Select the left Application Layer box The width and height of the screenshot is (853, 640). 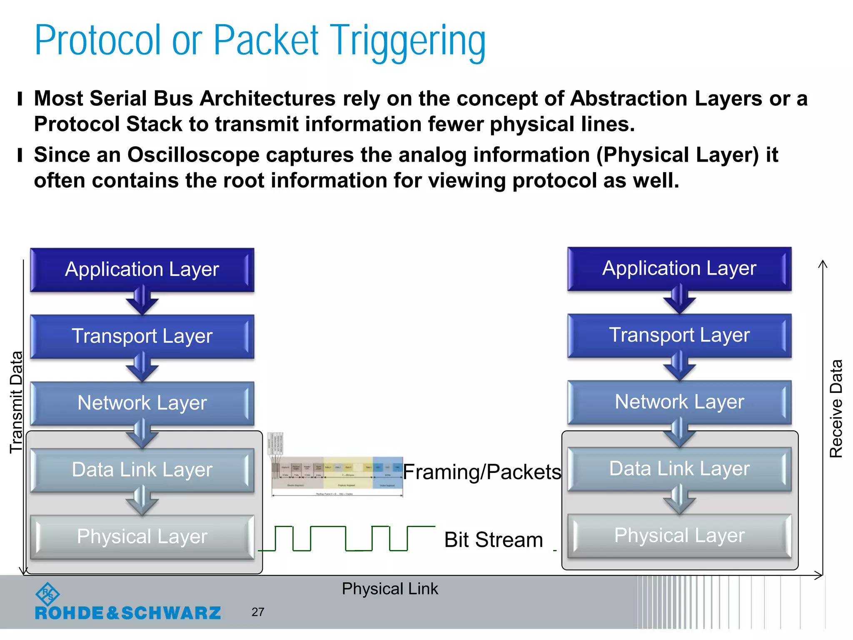(142, 270)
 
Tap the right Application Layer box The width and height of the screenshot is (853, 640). (679, 268)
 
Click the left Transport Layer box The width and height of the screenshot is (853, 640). (142, 336)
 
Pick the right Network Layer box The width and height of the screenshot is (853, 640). (679, 402)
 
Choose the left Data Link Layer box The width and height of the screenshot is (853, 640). (142, 470)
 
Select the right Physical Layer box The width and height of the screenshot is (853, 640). (679, 536)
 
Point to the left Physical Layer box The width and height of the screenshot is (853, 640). (142, 537)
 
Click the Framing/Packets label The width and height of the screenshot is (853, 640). (482, 472)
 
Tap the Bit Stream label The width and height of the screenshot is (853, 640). (494, 540)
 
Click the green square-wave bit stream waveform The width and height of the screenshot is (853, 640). (347, 539)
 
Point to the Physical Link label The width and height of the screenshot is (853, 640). (390, 589)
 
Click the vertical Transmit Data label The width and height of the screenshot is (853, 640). (16, 402)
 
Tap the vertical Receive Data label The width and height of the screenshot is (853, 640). (836, 408)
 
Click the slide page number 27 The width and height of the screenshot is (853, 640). (258, 612)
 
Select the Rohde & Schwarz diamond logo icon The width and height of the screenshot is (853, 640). (47, 594)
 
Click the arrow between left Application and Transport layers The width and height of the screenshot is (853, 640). (142, 301)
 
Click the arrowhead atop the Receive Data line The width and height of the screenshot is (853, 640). (823, 264)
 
